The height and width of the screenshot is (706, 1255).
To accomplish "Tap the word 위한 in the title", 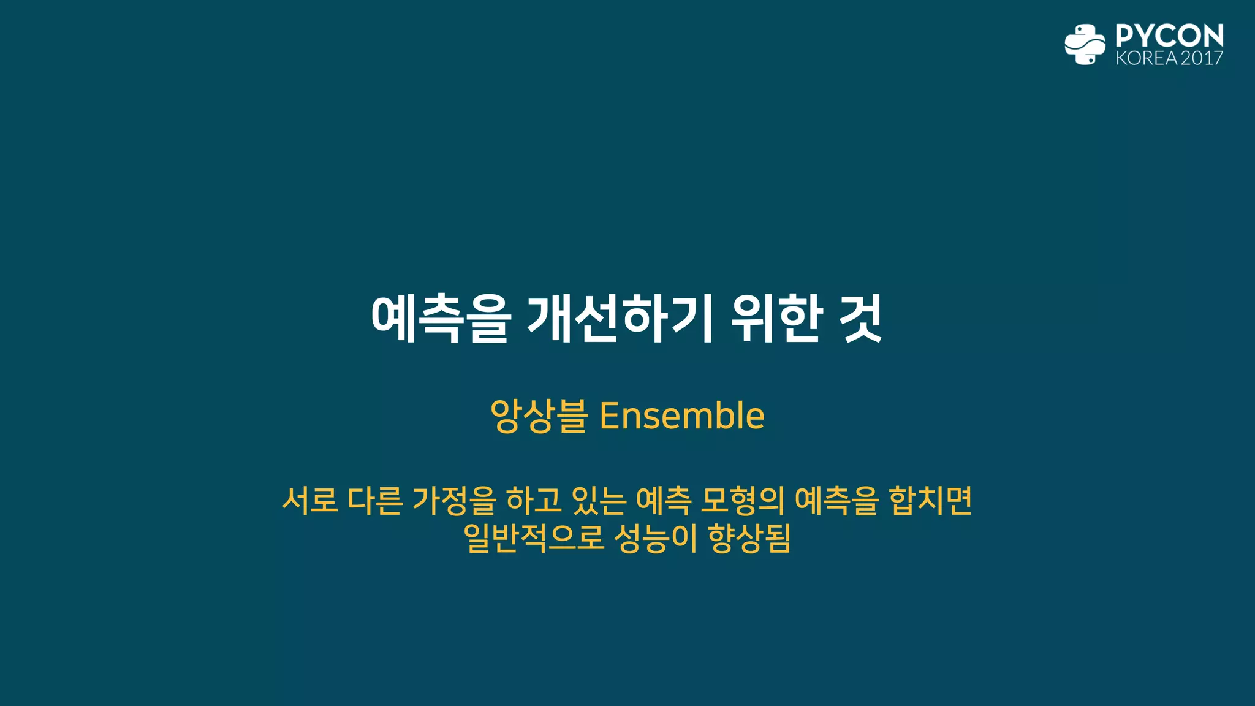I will coord(776,319).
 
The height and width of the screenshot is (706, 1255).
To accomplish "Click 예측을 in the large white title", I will coord(441,319).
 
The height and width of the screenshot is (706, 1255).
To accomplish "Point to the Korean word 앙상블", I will coord(539,416).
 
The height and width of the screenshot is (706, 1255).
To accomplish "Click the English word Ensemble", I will coord(682,416).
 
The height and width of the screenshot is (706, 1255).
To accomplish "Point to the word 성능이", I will coord(655,538).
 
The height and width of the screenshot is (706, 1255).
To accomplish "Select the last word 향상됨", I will coord(749,538).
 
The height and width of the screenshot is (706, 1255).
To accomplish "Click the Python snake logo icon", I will coord(1085,44).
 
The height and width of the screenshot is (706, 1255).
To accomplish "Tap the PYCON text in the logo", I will coord(1169,36).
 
